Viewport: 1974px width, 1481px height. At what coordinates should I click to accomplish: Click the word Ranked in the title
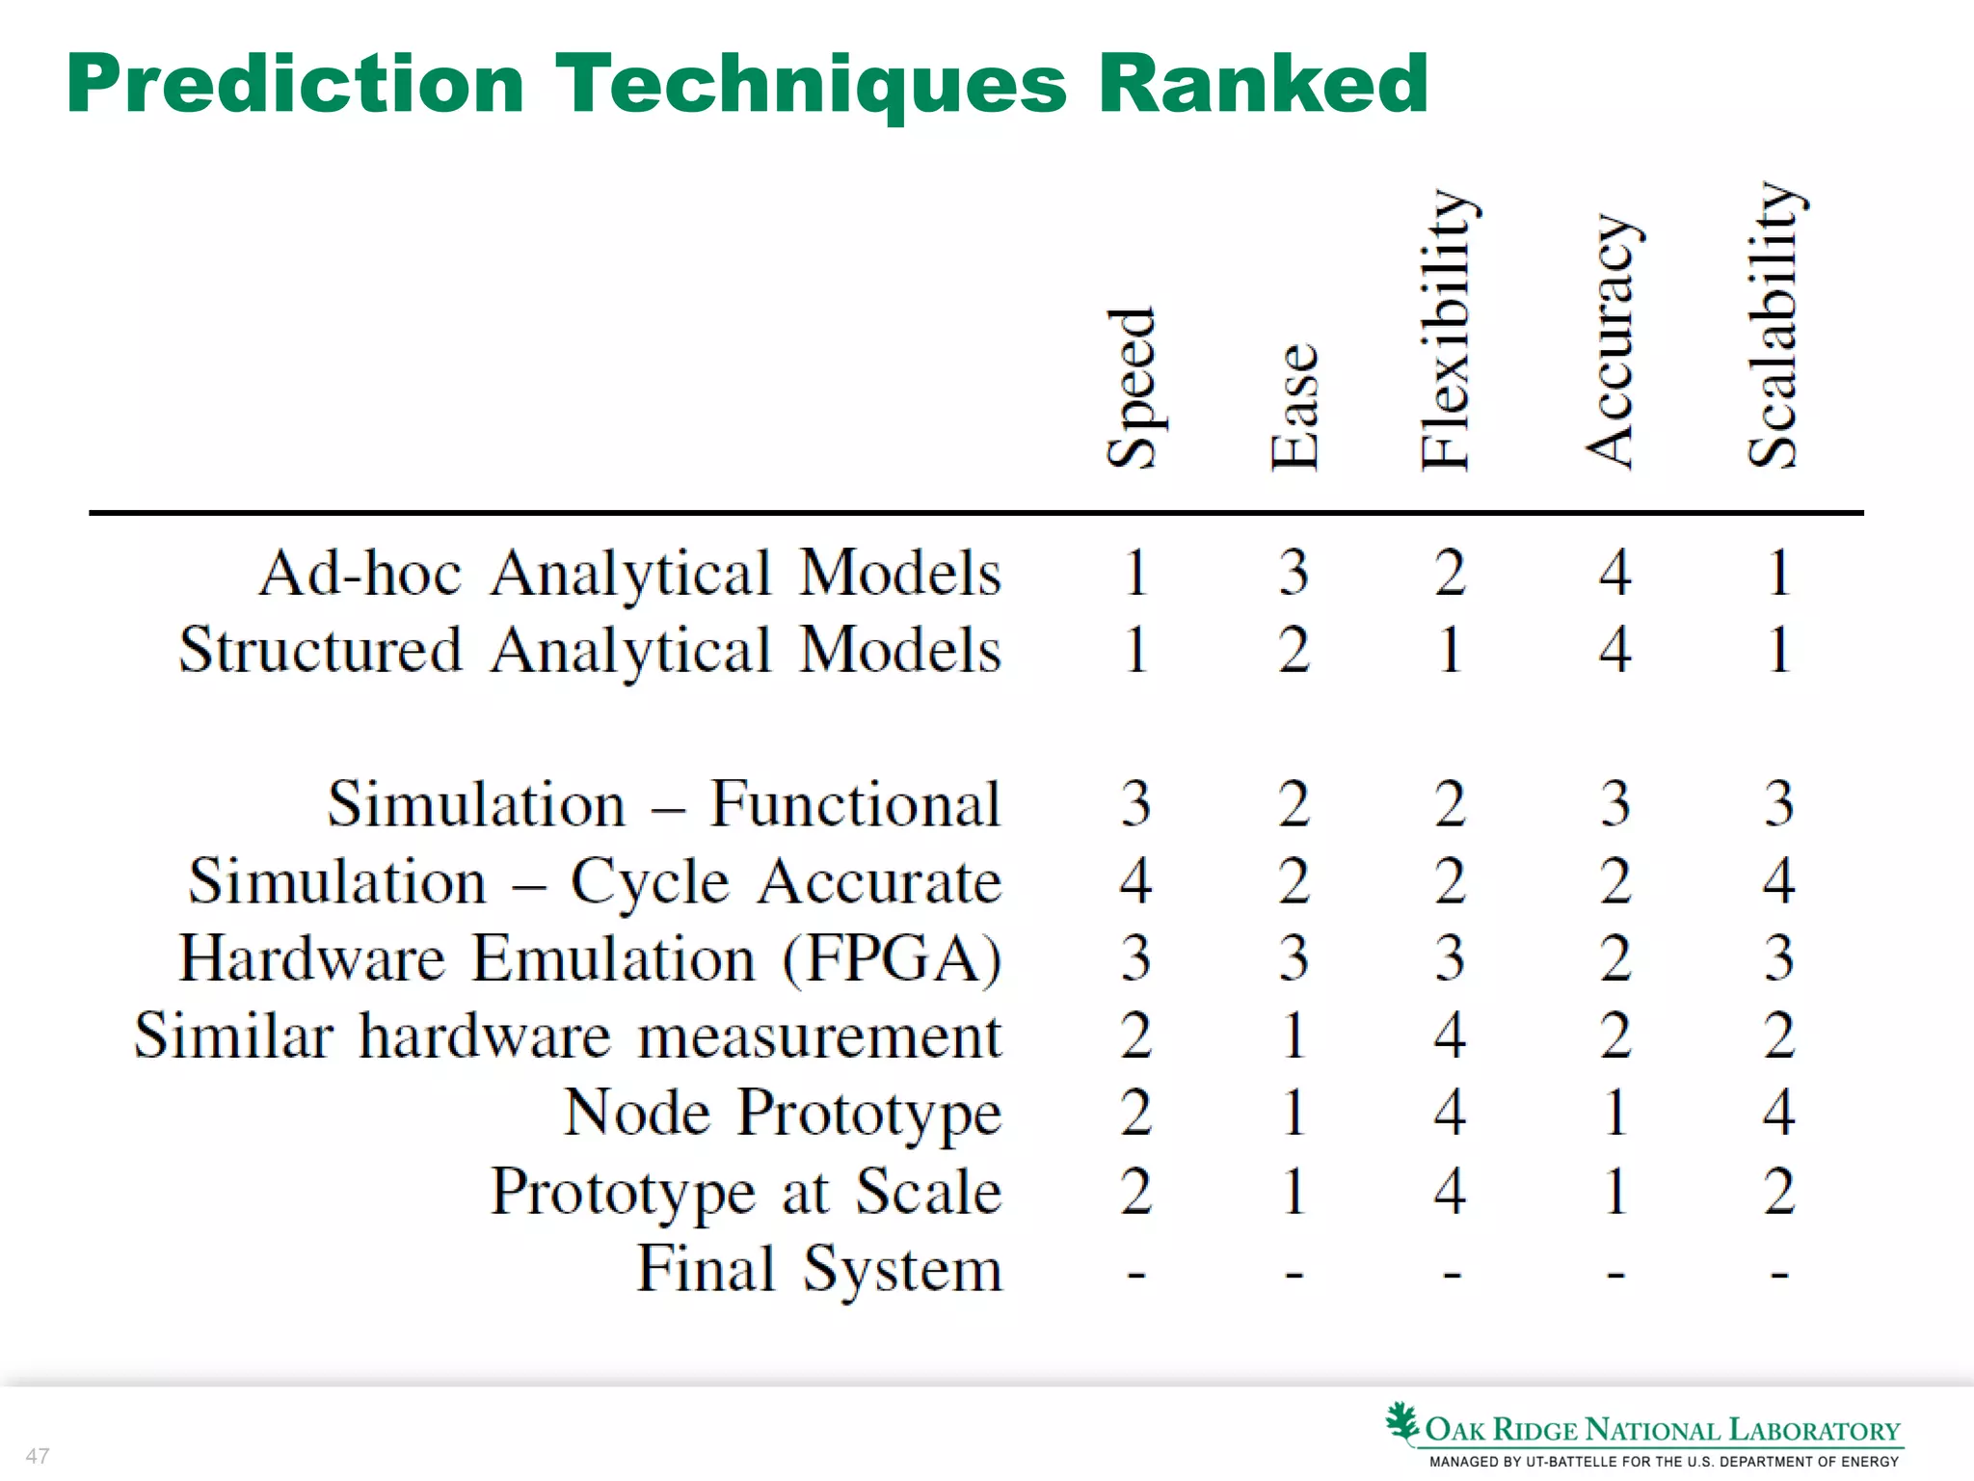pos(1263,85)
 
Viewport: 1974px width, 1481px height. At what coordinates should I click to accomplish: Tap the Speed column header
pos(1132,388)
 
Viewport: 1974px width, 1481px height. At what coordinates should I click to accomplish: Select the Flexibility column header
pos(1448,330)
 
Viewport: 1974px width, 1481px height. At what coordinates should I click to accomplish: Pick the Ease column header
pos(1294,407)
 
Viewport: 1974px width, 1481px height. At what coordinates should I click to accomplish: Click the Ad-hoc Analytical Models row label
pos(630,574)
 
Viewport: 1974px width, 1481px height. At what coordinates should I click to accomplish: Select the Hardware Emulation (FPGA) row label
pos(590,959)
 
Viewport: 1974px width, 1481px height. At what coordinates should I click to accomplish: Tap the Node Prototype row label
pos(783,1114)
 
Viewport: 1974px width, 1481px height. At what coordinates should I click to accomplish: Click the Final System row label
pos(819,1269)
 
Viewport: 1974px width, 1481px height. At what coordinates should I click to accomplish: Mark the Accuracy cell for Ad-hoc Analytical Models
pos(1615,573)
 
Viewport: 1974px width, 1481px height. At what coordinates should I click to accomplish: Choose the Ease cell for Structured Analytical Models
pos(1294,650)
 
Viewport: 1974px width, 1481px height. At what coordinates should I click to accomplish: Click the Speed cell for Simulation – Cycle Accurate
pos(1135,881)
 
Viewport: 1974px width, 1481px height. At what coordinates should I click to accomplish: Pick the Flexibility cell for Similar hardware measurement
pos(1450,1036)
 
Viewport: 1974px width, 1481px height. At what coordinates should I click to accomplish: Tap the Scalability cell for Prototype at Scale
pos(1778,1191)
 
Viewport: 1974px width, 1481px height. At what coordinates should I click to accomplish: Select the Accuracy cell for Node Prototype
pos(1615,1114)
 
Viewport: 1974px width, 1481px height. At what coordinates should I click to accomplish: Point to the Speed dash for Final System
pos(1136,1275)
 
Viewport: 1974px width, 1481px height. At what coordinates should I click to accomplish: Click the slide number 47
pos(38,1456)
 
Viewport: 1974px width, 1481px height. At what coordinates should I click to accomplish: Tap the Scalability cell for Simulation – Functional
pos(1778,804)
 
